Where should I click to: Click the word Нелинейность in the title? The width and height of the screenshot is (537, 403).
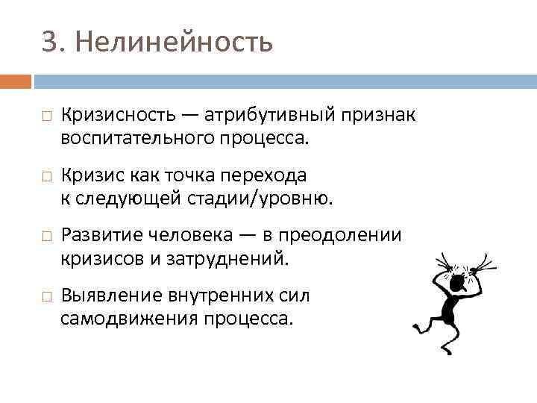pyautogui.click(x=175, y=43)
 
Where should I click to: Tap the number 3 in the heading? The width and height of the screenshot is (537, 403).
pyautogui.click(x=49, y=43)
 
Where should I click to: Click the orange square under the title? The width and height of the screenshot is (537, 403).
pyautogui.click(x=16, y=81)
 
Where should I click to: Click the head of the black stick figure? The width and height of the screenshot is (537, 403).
pyautogui.click(x=460, y=280)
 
